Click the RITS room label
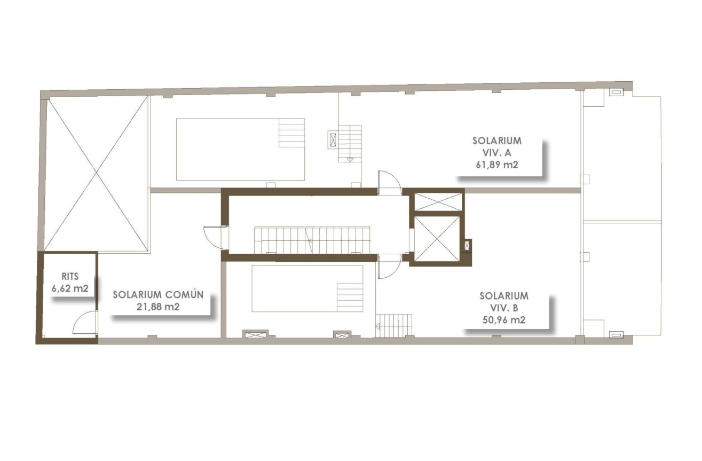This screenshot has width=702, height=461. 70,277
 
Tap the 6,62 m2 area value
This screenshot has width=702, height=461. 70,289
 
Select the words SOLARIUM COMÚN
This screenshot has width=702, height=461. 158,295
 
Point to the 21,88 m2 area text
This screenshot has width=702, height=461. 158,307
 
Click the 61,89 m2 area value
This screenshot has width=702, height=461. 497,165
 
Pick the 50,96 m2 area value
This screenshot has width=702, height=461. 504,321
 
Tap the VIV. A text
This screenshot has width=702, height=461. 497,153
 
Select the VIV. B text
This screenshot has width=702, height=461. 504,308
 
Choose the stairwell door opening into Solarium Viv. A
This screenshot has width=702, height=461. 389,183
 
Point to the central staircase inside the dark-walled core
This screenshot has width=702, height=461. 312,240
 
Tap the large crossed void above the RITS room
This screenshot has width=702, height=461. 96,173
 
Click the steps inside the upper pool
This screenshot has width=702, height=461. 291,133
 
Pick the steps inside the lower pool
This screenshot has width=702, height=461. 350,297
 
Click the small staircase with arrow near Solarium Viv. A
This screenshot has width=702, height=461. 350,143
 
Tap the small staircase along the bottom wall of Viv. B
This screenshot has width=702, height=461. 394,325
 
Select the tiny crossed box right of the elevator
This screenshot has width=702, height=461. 468,245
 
